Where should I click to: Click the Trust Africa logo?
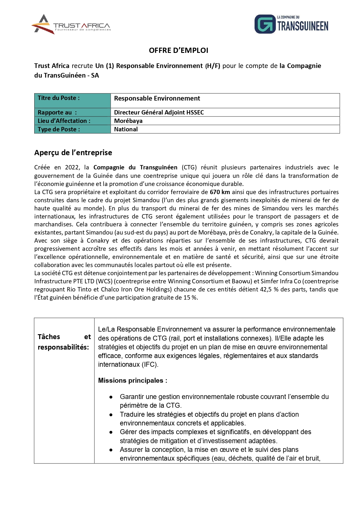coord(71,25)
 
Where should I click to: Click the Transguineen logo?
coord(291,24)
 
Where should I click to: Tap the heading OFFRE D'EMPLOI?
coord(179,51)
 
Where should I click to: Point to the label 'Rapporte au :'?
coord(57,112)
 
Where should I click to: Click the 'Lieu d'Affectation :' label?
coord(64,121)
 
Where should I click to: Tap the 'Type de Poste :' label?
coord(59,129)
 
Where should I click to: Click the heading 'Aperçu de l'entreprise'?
coord(73,153)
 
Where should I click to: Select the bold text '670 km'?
coord(220,192)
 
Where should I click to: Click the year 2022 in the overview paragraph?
coord(72,167)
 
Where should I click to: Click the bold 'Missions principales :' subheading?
coord(132,381)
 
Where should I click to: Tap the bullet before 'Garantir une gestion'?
coord(111,397)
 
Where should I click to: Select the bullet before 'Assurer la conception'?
coord(111,450)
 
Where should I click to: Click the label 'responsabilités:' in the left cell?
coord(63,347)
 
